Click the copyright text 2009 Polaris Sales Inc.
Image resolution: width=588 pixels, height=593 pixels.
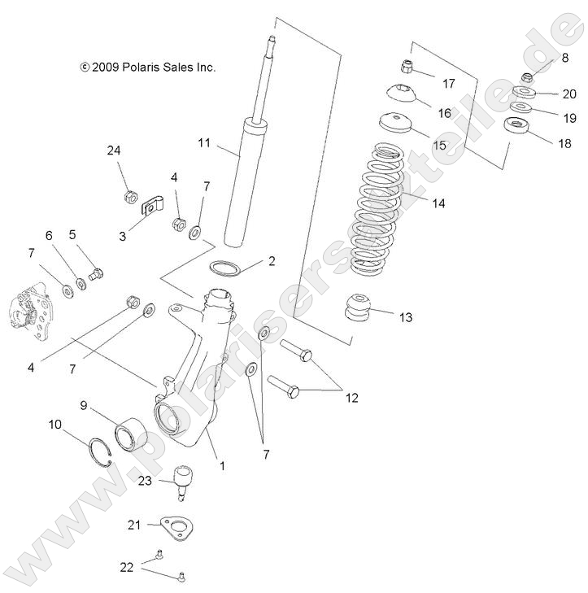coord(147,68)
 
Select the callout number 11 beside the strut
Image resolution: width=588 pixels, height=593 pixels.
coord(204,143)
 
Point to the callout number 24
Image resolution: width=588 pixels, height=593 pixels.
coord(113,150)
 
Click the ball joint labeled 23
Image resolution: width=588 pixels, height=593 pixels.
coord(184,481)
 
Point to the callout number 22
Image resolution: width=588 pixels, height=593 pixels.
coord(127,566)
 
